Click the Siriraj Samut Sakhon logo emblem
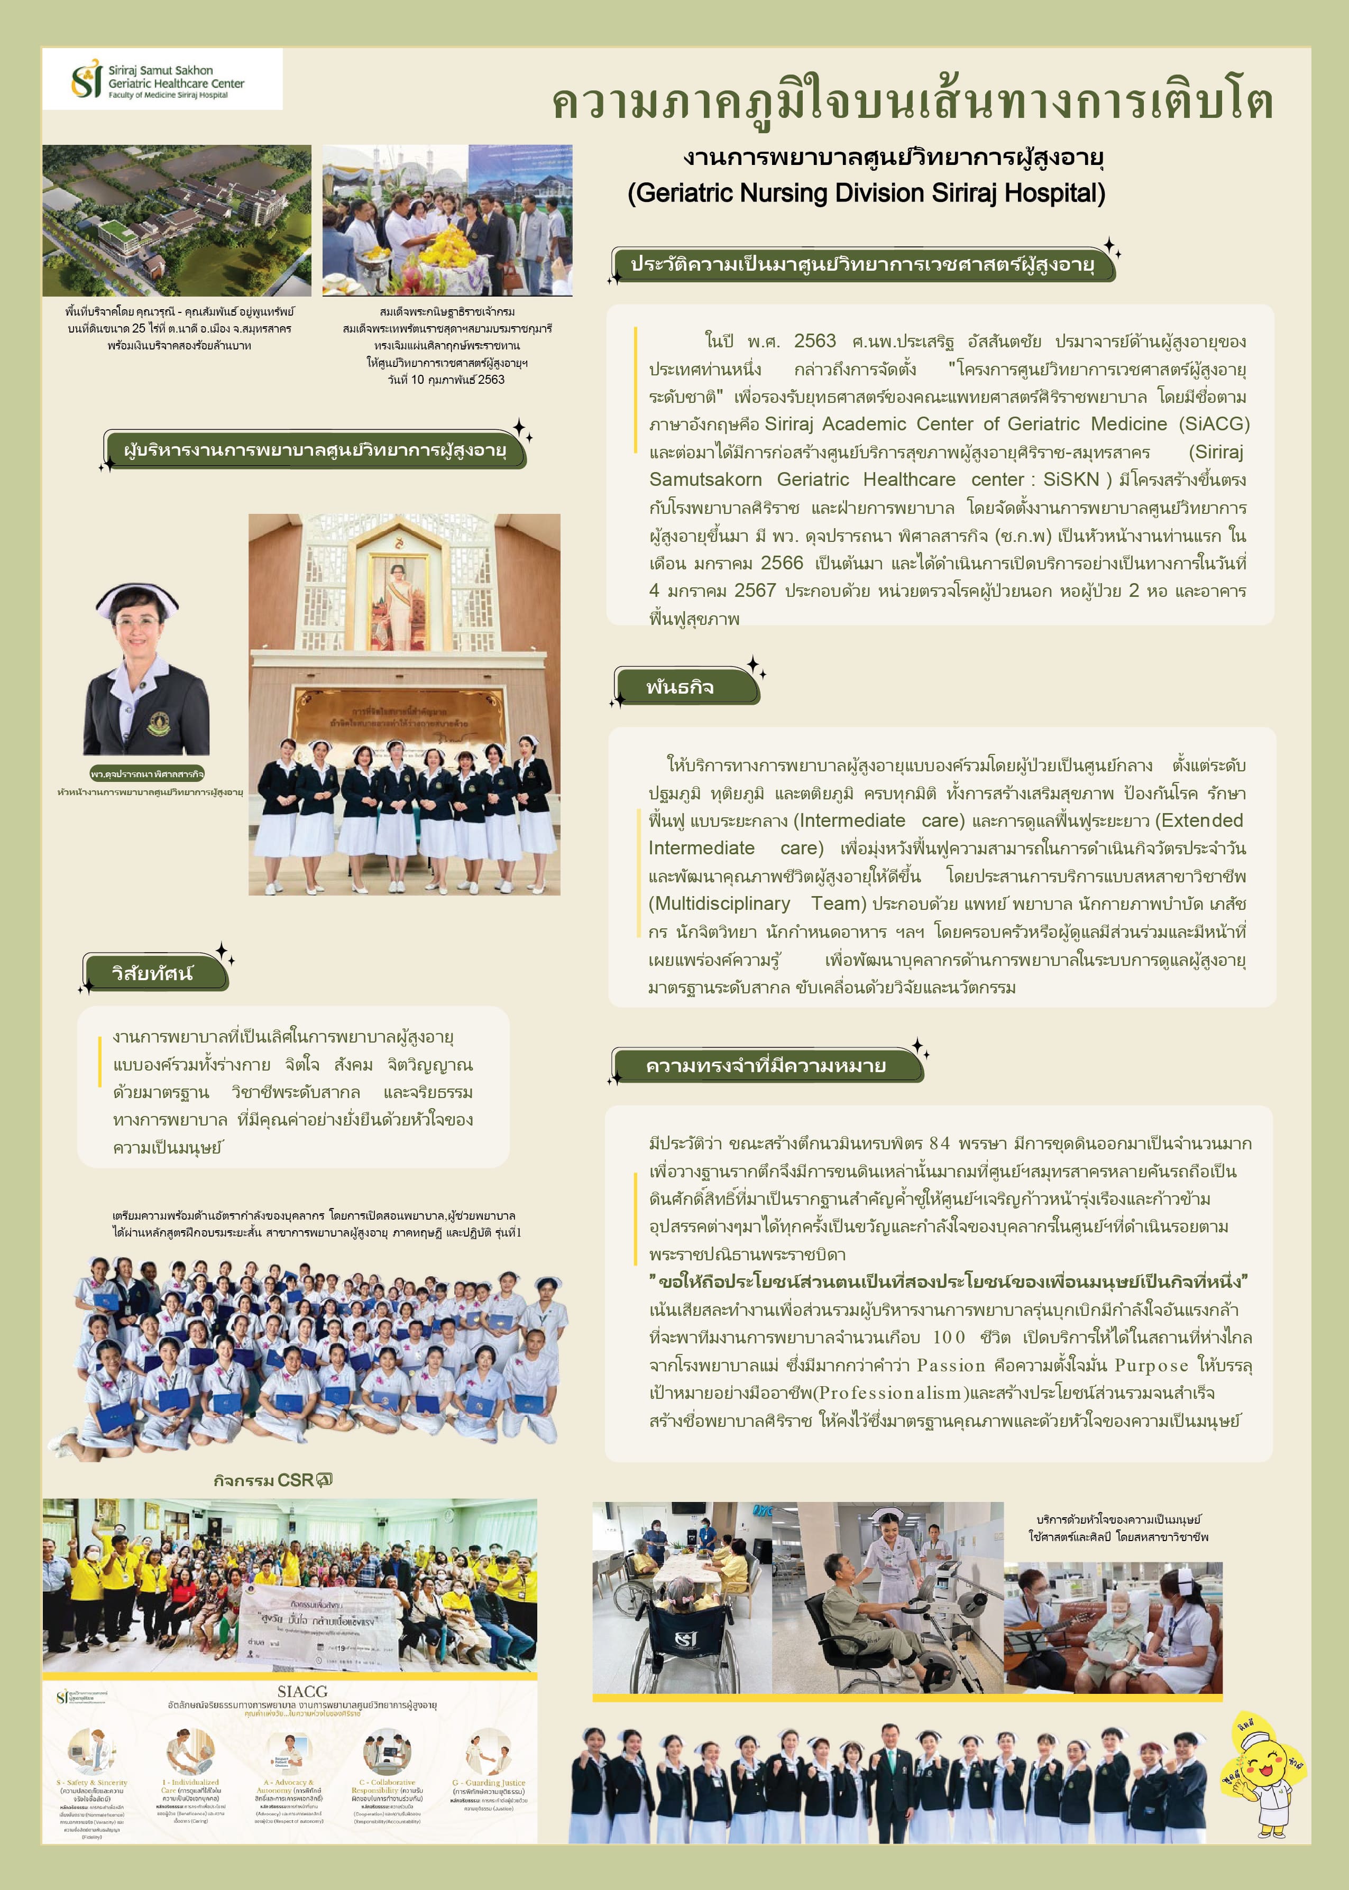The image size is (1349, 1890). coord(86,80)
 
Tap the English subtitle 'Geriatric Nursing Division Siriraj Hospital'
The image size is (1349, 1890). coord(866,193)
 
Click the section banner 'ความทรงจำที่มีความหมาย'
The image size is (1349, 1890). coord(766,1065)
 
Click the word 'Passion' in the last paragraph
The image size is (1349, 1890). coord(950,1365)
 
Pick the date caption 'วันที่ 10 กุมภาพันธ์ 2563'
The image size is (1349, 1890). coord(446,380)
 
